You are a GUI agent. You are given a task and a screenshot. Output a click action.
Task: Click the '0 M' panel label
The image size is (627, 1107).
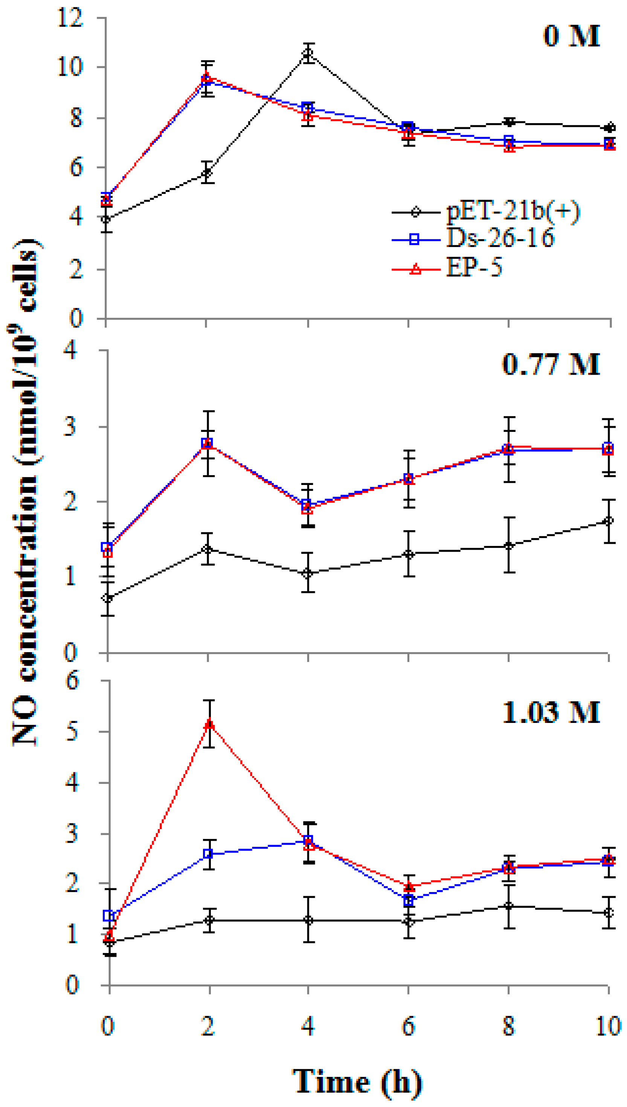point(571,36)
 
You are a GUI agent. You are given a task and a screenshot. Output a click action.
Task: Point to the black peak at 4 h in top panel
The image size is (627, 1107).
point(308,53)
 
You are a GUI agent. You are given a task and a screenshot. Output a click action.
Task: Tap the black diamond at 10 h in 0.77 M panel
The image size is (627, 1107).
point(608,521)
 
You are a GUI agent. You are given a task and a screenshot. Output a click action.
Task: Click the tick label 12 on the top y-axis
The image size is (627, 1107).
point(70,18)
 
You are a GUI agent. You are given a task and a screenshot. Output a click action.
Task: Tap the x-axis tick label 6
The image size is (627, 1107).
point(408,1026)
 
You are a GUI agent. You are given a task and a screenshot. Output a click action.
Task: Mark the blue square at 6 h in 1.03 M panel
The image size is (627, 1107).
point(409,900)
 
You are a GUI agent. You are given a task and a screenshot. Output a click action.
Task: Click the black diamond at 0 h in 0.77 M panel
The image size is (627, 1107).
point(108,598)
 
